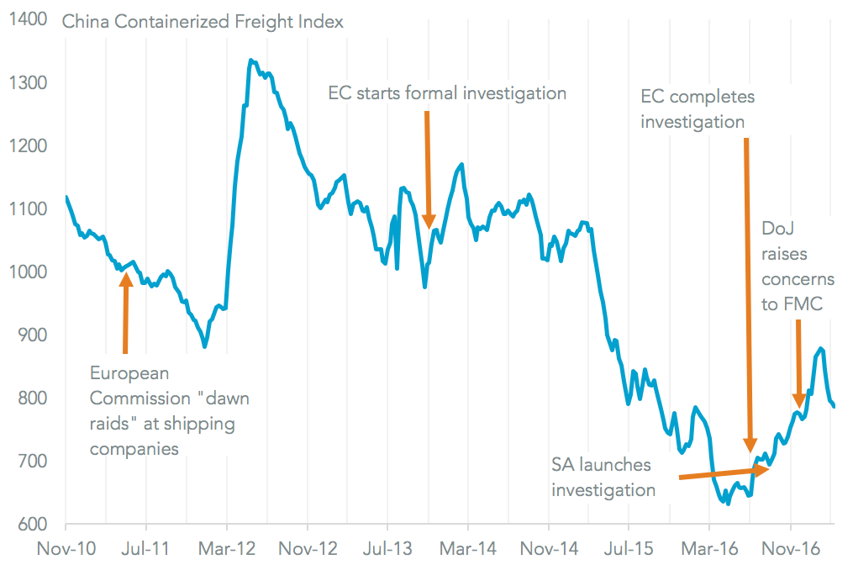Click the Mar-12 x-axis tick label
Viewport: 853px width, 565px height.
coord(227,549)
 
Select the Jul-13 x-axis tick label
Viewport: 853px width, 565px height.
coord(388,549)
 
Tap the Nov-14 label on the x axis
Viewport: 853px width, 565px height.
coord(549,549)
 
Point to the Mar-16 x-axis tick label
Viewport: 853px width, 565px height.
coord(709,549)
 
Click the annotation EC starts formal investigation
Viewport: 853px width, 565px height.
coord(447,92)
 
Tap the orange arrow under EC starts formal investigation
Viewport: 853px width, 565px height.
coord(428,168)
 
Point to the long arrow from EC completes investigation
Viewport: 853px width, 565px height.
coord(748,294)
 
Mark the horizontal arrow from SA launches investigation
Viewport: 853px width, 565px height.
coord(723,473)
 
